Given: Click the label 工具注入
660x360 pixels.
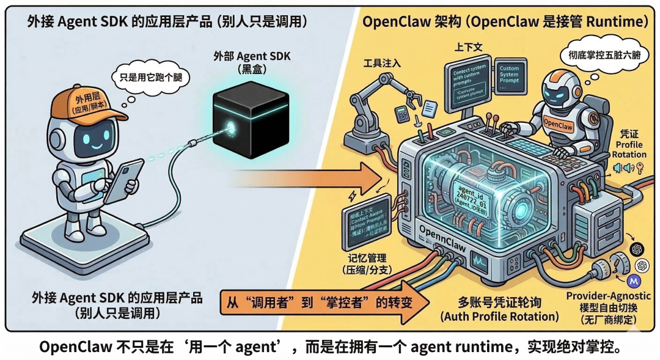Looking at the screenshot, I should pyautogui.click(x=383, y=64).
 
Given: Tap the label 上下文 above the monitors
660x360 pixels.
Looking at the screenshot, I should pyautogui.click(x=470, y=46).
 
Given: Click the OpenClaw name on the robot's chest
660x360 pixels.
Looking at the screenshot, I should pyautogui.click(x=560, y=120).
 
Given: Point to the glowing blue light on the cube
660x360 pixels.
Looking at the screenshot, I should pyautogui.click(x=232, y=127).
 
